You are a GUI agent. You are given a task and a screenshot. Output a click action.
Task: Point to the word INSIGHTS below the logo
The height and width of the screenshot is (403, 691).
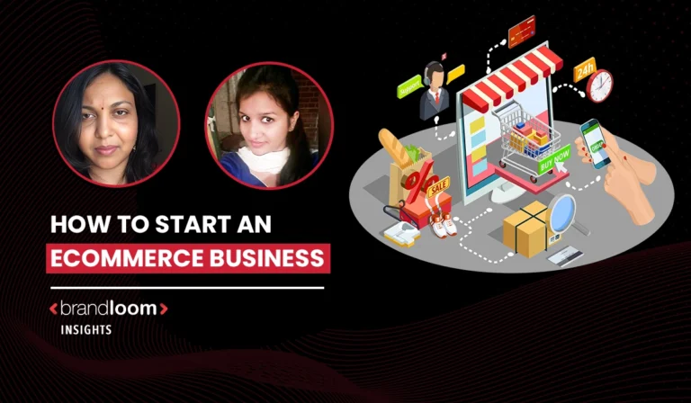86,330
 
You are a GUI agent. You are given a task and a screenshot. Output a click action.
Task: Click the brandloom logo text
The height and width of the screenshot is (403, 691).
108,309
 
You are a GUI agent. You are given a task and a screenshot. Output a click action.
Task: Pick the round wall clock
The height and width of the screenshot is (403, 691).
599,86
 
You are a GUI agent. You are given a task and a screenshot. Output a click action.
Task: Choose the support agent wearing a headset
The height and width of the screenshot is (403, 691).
435,90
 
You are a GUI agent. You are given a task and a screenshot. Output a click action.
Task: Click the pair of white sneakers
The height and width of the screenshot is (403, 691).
441,225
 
